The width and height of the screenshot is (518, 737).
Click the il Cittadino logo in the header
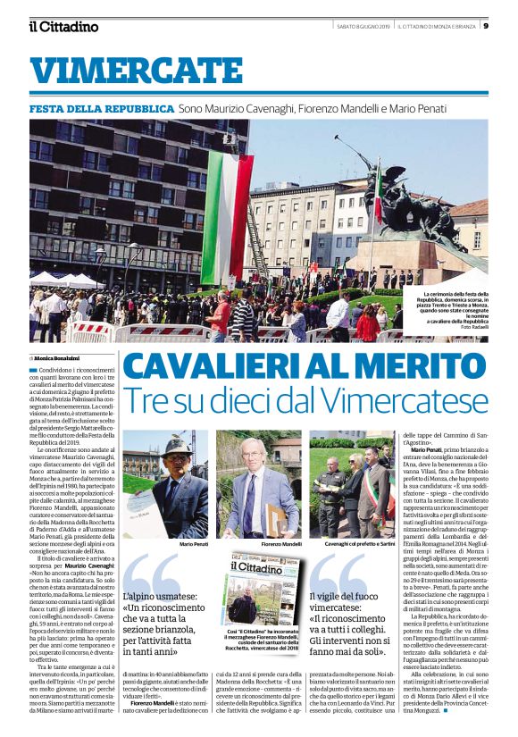click(62, 26)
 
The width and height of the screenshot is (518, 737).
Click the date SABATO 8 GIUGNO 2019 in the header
click(358, 25)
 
